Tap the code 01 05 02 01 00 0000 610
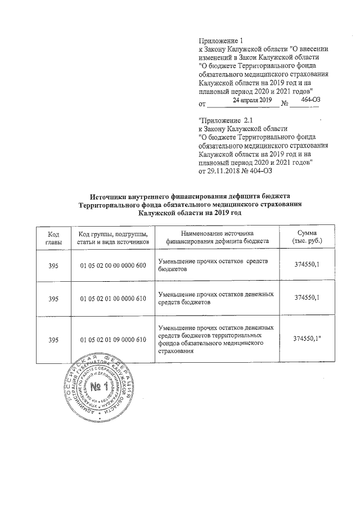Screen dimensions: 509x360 113,299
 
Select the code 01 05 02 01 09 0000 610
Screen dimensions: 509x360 113,340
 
